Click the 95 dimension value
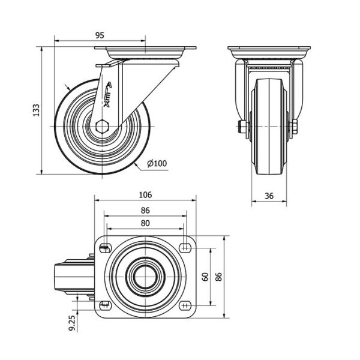[100, 35]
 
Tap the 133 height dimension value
[36, 110]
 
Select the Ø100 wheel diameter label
[157, 163]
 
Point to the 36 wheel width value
[269, 196]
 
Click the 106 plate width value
[145, 195]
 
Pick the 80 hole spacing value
[145, 223]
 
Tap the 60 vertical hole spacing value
[205, 277]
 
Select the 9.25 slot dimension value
[72, 323]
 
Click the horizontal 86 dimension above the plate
[145, 211]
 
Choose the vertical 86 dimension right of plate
[219, 277]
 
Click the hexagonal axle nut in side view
[102, 127]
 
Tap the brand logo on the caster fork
[107, 95]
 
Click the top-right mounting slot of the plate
[185, 247]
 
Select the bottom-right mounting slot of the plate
[185, 305]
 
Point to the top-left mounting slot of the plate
[106, 247]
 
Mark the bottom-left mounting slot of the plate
[106, 305]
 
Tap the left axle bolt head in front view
[242, 127]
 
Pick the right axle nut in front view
[295, 127]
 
